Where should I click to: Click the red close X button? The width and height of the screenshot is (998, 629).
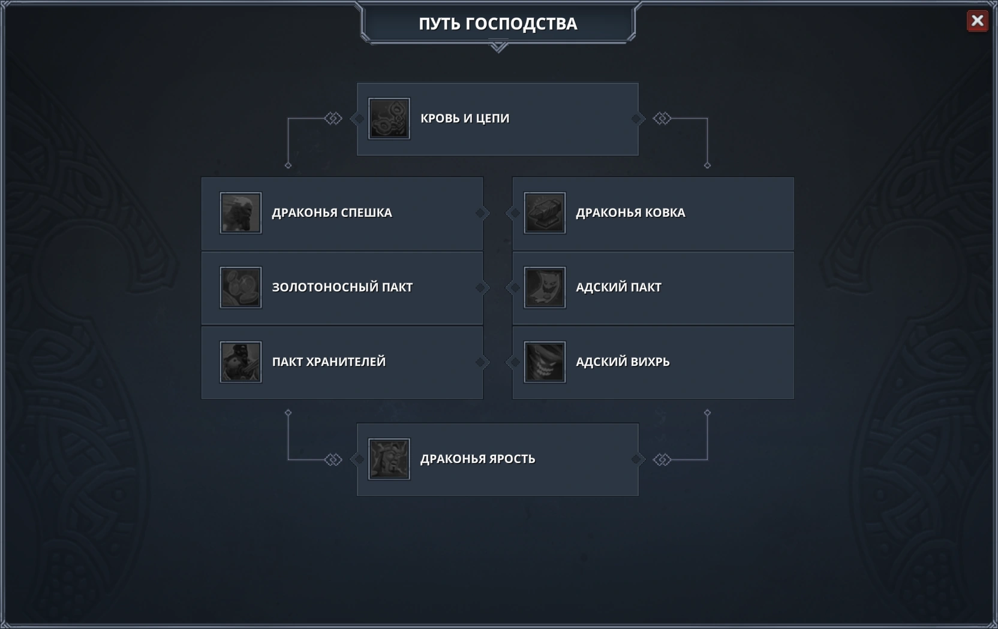pos(977,21)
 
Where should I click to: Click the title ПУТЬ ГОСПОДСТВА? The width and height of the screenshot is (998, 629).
pos(498,24)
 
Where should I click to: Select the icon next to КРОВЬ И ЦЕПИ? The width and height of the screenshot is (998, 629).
pos(389,119)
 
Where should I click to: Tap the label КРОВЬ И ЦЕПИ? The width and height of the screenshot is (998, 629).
pos(465,119)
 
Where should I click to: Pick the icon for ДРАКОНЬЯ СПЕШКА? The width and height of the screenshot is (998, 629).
pos(241,213)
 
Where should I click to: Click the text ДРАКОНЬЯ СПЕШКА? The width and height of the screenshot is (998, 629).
pos(332,213)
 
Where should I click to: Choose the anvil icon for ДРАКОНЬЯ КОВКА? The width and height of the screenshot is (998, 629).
pos(545,213)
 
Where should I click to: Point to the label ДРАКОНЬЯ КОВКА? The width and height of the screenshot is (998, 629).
pos(630,213)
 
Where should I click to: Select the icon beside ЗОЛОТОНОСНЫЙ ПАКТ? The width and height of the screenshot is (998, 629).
pos(241,288)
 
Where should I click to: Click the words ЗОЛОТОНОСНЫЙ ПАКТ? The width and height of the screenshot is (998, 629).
pos(342,288)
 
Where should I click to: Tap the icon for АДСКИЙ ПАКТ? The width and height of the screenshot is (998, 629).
pos(545,288)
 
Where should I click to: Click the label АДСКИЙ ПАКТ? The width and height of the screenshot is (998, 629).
pos(618,288)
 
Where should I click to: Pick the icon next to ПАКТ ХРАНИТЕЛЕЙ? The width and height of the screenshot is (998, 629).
pos(241,362)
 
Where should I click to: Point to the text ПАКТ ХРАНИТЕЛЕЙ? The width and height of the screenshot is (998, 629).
pos(329,362)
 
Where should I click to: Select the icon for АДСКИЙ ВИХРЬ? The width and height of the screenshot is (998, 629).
pos(545,362)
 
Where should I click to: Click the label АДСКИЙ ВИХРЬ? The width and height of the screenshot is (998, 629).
pos(623,362)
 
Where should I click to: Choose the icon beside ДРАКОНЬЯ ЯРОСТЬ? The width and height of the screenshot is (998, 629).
pos(389,459)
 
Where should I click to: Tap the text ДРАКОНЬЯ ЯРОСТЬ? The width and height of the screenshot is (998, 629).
pos(477,459)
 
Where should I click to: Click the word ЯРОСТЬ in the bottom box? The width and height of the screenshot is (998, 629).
pos(509,459)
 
